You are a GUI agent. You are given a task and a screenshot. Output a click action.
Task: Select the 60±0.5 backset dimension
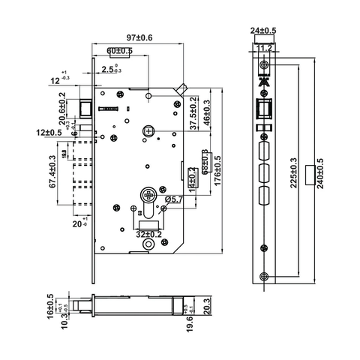coord(121,51)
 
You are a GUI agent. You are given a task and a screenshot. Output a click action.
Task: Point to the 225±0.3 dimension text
coord(291,174)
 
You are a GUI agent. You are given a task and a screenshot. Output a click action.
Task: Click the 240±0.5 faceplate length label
coord(321,174)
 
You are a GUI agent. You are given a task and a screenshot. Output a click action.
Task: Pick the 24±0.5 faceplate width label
coord(263,31)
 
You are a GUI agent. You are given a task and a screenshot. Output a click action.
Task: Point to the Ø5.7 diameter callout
coord(174,199)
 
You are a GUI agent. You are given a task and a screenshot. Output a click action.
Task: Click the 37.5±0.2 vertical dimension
coord(193,112)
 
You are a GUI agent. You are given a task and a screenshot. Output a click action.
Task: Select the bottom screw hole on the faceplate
coord(263,277)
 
